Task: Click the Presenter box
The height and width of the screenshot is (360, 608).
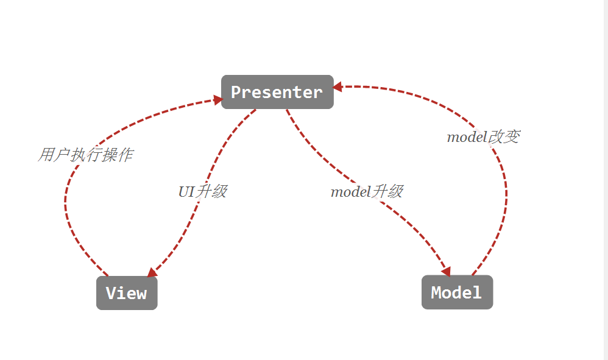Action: point(277,92)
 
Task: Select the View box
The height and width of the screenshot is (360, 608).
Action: point(127,293)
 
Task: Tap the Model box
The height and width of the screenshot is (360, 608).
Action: point(457,292)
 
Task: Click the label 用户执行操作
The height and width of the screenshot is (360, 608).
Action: point(85,155)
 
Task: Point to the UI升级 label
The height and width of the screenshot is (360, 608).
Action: point(202,191)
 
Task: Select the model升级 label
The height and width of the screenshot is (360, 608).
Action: point(366,192)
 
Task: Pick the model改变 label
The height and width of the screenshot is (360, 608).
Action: point(483,137)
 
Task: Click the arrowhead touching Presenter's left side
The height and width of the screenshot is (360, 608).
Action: point(217,98)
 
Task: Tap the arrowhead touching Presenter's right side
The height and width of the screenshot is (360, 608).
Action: point(338,87)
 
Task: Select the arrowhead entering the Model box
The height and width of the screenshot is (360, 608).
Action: point(446,270)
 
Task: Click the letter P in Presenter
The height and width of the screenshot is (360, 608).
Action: point(236,92)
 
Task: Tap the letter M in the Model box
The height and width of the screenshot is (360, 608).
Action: point(436,292)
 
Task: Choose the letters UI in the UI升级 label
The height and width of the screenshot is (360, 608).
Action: point(186,191)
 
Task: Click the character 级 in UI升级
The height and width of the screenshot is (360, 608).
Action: point(220,191)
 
